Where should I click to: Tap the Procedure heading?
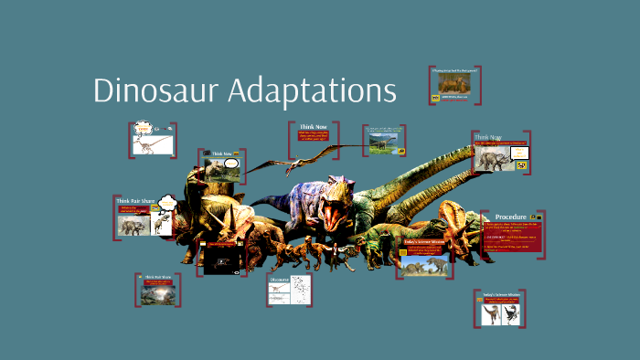point(513,216)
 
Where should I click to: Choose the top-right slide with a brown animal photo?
point(454,84)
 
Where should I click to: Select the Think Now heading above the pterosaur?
point(314,126)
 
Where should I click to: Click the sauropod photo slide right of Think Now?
point(383,143)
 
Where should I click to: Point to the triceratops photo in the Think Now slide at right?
point(492,161)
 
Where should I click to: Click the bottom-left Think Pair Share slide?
point(157,290)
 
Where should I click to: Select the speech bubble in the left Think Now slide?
point(231,164)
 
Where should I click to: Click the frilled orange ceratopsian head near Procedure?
point(454,219)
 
